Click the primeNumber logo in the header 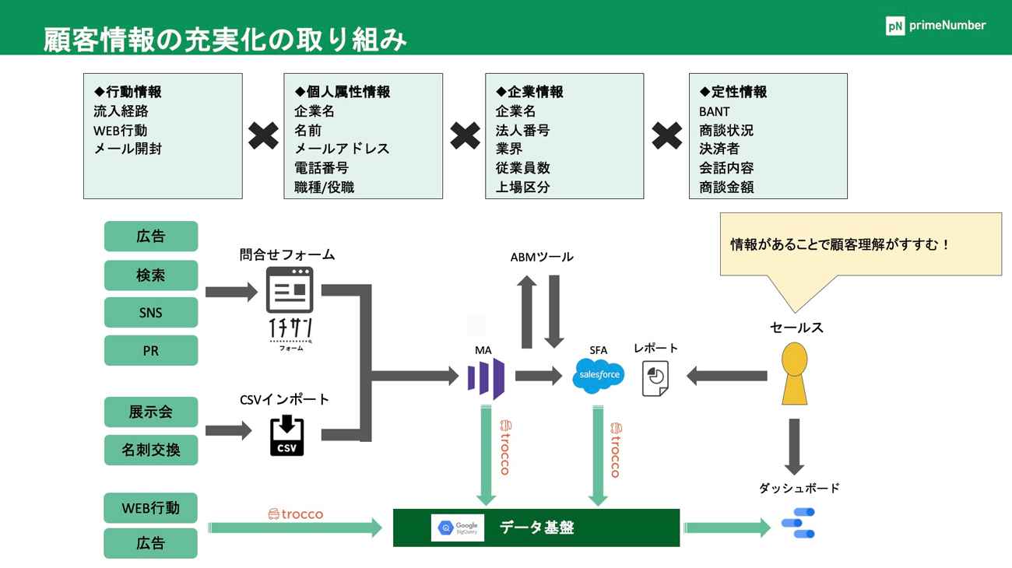[x=935, y=26]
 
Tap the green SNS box [x=151, y=313]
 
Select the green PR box [x=151, y=351]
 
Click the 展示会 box [x=151, y=412]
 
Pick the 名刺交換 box [x=151, y=450]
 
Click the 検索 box [x=151, y=275]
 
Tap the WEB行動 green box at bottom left [x=150, y=508]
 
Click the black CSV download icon [x=286, y=435]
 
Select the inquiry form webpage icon [x=290, y=289]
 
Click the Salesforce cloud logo [x=598, y=375]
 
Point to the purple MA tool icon [x=487, y=378]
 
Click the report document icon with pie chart [x=655, y=378]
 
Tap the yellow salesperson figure [x=794, y=373]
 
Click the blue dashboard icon [x=798, y=524]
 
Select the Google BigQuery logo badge [x=458, y=528]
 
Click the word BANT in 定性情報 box [x=715, y=111]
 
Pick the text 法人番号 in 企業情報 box [x=522, y=130]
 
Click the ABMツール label [x=542, y=257]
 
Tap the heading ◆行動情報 [x=128, y=92]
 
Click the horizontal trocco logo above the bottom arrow [x=295, y=514]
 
